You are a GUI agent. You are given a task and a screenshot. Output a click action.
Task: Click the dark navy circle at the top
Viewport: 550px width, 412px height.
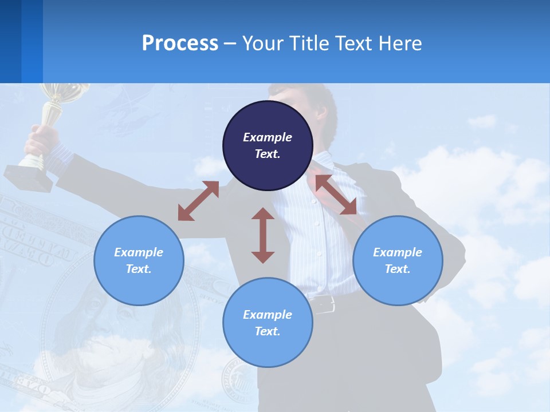pyautogui.click(x=268, y=146)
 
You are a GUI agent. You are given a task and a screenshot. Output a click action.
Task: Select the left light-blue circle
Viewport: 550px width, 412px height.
pyautogui.click(x=139, y=260)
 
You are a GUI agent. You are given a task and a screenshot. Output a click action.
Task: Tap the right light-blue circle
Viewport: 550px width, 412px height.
pyautogui.click(x=398, y=260)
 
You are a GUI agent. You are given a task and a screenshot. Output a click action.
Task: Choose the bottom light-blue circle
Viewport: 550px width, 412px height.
pyautogui.click(x=268, y=323)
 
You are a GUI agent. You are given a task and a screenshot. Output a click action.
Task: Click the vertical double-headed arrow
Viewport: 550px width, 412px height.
pyautogui.click(x=263, y=235)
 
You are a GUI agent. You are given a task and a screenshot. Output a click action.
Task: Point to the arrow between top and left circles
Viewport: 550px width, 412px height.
pyautogui.click(x=198, y=201)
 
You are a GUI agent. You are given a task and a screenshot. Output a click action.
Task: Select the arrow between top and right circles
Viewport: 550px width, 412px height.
pyautogui.click(x=336, y=195)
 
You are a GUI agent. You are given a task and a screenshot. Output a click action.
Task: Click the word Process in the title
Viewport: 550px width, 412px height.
pyautogui.click(x=180, y=43)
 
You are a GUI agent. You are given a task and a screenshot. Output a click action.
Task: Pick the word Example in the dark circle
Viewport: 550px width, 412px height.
pyautogui.click(x=268, y=137)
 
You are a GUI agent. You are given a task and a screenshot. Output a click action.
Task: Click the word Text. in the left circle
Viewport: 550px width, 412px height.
pyautogui.click(x=139, y=269)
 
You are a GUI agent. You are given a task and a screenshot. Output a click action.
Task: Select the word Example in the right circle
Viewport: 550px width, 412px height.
pyautogui.click(x=398, y=252)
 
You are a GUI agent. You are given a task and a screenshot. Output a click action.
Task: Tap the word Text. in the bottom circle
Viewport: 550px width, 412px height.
pyautogui.click(x=268, y=331)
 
